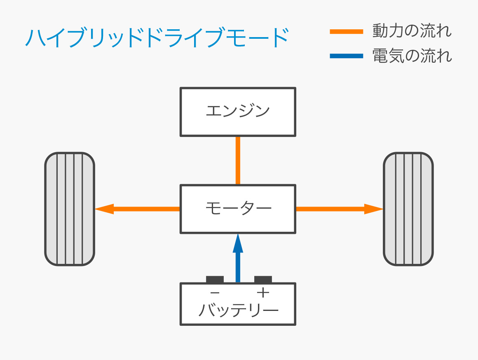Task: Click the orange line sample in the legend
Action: [x=346, y=32]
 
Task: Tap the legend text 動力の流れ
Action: [x=412, y=31]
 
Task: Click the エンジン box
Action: [x=238, y=112]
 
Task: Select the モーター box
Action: [x=238, y=209]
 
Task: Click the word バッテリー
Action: [x=238, y=310]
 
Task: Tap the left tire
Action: [x=70, y=209]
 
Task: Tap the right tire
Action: [x=408, y=209]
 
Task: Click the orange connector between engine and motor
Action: [x=238, y=160]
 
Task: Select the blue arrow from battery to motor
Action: [x=238, y=264]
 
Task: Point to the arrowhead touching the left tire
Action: [x=104, y=209]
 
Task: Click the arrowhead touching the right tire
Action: [x=374, y=209]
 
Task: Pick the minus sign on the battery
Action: [x=215, y=293]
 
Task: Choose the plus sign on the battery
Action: [x=262, y=293]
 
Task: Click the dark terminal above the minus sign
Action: [x=215, y=280]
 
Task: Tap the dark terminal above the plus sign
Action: [x=263, y=280]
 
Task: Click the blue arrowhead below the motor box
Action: [x=238, y=243]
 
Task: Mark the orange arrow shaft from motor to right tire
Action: [x=330, y=209]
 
